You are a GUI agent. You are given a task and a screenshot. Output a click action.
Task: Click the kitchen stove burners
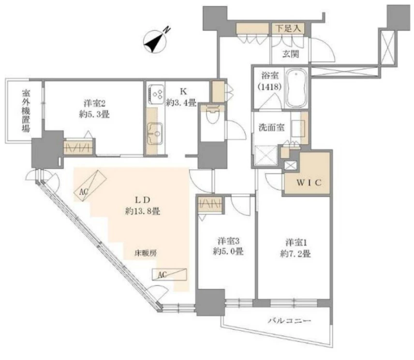coord(156,94)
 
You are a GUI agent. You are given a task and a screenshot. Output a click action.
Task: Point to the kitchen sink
coord(155,134)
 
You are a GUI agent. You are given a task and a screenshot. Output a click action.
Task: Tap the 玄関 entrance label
coord(291,54)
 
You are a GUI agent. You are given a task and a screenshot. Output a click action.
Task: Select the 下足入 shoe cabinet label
coord(288,28)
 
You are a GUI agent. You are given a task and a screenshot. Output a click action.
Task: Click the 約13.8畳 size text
coord(143,211)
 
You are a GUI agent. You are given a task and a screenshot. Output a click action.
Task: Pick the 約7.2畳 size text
coord(296,254)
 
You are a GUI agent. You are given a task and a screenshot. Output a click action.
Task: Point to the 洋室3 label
coord(228,241)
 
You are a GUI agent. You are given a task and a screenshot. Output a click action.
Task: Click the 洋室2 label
coord(94,103)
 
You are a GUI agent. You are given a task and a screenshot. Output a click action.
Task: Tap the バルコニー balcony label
coord(290,321)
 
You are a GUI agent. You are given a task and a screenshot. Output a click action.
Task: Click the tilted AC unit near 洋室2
coord(90,185)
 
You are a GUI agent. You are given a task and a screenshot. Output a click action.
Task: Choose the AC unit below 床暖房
coord(169,274)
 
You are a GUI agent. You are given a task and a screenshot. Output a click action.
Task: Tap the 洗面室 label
coord(272,128)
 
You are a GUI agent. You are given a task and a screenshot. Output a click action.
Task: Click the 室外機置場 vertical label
coord(26,111)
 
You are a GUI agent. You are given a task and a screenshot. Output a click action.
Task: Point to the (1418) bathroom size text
coord(270,86)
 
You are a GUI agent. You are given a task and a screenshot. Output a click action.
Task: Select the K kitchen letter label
coord(183,91)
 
